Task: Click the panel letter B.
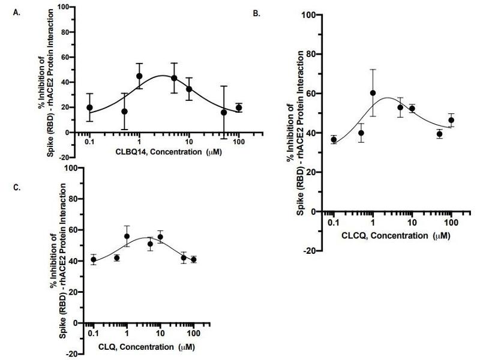tap(257, 13)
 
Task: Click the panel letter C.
tap(16, 187)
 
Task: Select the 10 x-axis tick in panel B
tap(412, 223)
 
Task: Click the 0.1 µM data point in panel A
tap(89, 107)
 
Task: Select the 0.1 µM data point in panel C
tap(93, 260)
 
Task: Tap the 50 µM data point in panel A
tap(224, 112)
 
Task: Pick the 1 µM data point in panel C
tap(127, 236)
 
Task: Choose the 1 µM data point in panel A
tap(139, 76)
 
